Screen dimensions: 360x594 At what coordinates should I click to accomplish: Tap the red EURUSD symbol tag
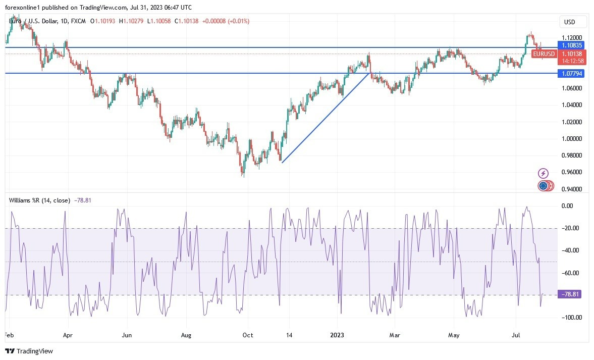coord(544,54)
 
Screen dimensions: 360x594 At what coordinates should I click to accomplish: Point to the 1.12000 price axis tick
coord(572,38)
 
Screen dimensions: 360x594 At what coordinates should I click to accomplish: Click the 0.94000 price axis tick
coord(572,189)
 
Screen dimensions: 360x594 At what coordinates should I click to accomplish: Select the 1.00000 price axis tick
coord(572,139)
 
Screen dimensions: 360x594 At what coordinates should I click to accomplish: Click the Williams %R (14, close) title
coord(40,200)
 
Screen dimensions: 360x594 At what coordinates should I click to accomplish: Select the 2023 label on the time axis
coord(337,334)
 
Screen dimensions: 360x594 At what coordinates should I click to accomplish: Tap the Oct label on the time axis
coord(248,334)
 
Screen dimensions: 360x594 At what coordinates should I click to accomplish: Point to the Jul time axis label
coord(516,334)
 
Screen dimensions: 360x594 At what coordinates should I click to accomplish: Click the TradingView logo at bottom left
coord(29,351)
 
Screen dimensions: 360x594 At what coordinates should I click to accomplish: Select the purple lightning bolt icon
coord(544,173)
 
